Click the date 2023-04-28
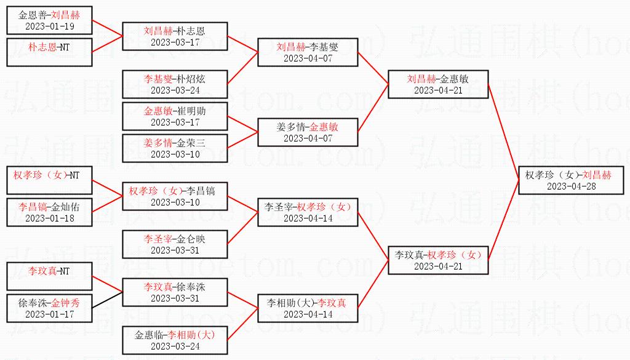[x=571, y=186]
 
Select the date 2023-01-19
[x=49, y=26]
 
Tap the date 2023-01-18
[x=49, y=218]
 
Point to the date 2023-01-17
[x=49, y=314]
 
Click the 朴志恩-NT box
[x=49, y=46]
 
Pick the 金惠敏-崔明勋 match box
[x=175, y=116]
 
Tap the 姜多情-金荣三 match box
[x=175, y=148]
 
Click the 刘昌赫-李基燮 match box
[x=308, y=52]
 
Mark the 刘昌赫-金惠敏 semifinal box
[x=437, y=84]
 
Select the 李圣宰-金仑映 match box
[x=175, y=244]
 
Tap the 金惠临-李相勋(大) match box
[x=175, y=340]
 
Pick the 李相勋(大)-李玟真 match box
[x=308, y=308]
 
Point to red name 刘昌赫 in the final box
[x=597, y=175]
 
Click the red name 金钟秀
[x=65, y=303]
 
